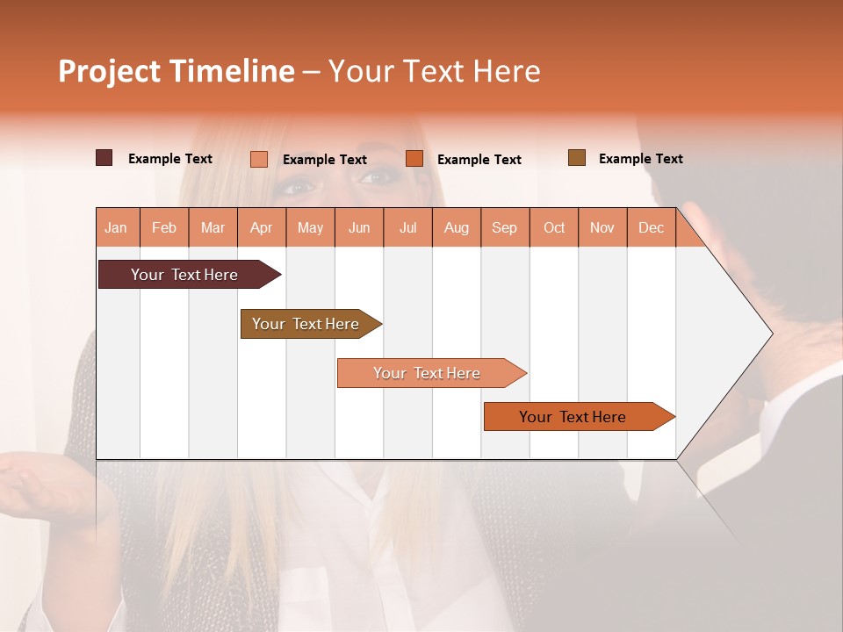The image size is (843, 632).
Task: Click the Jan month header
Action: (117, 227)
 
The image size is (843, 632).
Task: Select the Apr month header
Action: (262, 227)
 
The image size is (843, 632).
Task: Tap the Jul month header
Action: (407, 227)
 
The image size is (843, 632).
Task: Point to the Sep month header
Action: (505, 227)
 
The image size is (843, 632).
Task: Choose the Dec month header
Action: (651, 227)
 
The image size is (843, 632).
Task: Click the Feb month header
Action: (164, 227)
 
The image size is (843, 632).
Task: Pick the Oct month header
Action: (554, 227)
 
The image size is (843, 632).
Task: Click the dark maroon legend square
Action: (104, 158)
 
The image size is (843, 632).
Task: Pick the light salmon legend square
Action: (259, 159)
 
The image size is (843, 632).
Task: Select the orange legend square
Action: (414, 159)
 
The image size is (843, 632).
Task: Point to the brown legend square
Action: (576, 158)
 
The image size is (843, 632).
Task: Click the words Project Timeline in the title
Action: (176, 71)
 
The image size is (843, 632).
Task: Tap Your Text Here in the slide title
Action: (434, 71)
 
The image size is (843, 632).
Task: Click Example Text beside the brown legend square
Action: (640, 159)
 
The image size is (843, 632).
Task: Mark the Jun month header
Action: (359, 227)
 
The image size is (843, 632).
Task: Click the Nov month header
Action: (602, 227)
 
